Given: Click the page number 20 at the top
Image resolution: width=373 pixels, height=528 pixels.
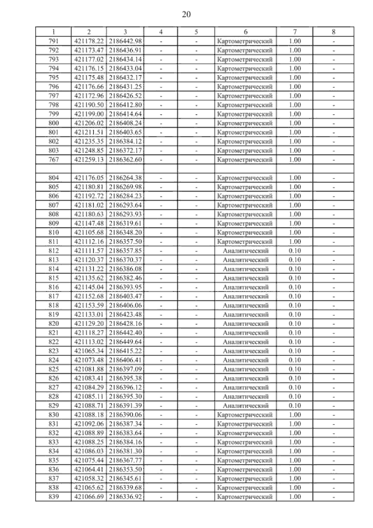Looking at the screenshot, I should click(186, 15).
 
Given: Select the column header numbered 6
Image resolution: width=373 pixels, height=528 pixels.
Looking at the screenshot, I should click(246, 32).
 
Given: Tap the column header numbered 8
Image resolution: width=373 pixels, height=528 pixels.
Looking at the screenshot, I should click(333, 32).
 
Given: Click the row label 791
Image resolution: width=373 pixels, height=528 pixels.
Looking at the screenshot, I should click(54, 41).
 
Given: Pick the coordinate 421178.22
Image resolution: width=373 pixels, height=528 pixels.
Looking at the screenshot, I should click(89, 41).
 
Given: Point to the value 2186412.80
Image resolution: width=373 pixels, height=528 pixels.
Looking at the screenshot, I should click(125, 105).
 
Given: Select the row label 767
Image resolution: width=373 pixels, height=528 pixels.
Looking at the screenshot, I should click(54, 160).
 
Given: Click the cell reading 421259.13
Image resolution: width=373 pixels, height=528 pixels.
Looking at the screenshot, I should click(89, 160).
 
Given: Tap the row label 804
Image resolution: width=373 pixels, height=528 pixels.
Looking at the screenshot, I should click(54, 178).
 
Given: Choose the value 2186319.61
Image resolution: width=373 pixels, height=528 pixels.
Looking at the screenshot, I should click(125, 223).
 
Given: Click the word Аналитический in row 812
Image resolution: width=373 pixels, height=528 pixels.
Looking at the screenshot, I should click(246, 251).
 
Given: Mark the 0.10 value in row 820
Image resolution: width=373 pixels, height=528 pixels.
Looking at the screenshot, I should click(295, 324).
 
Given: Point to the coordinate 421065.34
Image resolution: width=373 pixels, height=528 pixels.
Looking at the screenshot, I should click(89, 351).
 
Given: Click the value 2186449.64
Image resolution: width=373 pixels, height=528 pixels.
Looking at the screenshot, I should click(125, 342).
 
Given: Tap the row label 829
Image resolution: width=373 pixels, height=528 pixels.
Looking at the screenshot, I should click(54, 406).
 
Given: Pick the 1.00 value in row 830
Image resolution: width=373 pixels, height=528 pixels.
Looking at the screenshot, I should click(295, 415).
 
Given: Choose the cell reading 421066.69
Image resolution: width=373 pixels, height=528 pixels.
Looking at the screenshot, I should click(89, 497).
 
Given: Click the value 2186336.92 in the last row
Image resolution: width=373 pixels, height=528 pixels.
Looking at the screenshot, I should click(125, 497).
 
